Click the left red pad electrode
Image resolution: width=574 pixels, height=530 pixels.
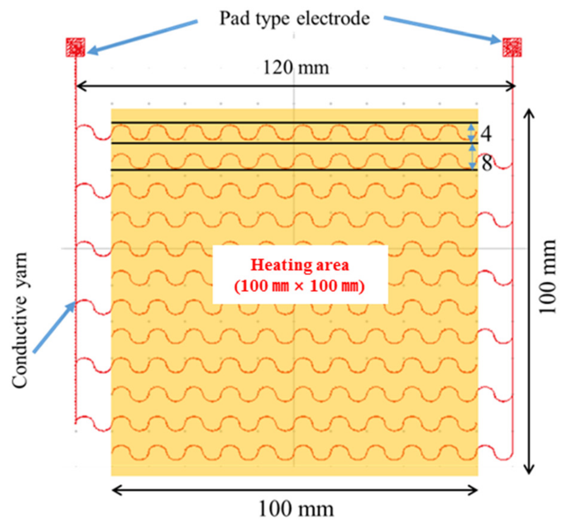pyautogui.click(x=76, y=47)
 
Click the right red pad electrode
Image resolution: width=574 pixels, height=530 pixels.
pyautogui.click(x=512, y=47)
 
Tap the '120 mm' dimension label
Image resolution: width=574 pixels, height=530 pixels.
pyautogui.click(x=296, y=68)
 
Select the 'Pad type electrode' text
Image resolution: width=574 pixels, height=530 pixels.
pyautogui.click(x=294, y=19)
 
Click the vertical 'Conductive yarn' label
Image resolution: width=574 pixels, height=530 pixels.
pyautogui.click(x=20, y=320)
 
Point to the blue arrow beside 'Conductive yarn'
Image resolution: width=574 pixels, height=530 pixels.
pyautogui.click(x=54, y=328)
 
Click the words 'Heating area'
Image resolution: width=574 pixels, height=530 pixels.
pyautogui.click(x=300, y=265)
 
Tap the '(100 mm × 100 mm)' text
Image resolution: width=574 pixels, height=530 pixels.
pyautogui.click(x=300, y=286)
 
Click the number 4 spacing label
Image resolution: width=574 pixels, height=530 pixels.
pyautogui.click(x=486, y=134)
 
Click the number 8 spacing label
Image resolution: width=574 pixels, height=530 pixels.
pyautogui.click(x=487, y=163)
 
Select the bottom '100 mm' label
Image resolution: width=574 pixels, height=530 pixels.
pyautogui.click(x=296, y=509)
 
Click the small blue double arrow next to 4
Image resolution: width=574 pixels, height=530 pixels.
pyautogui.click(x=471, y=133)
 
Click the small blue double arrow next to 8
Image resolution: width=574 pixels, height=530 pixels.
pyautogui.click(x=472, y=157)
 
